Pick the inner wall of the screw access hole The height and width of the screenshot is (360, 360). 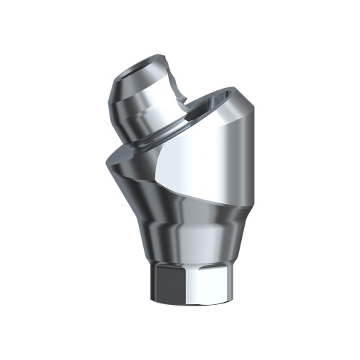(204, 107)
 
